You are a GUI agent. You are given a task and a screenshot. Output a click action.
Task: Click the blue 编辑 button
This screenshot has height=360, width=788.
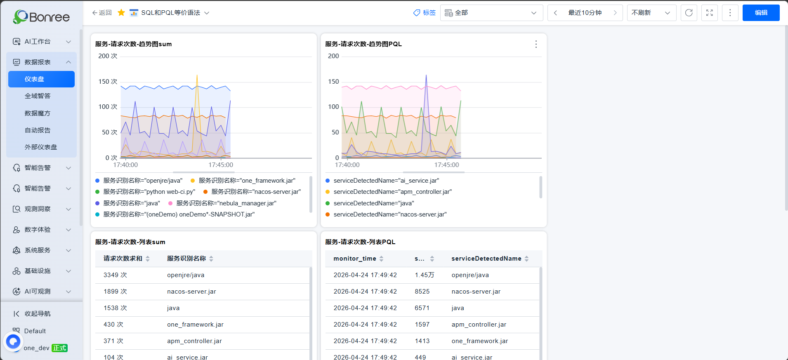pyautogui.click(x=761, y=13)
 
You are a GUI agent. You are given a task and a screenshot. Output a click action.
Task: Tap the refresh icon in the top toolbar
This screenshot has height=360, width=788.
pyautogui.click(x=689, y=13)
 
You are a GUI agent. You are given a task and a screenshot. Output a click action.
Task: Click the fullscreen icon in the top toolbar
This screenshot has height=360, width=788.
pyautogui.click(x=709, y=13)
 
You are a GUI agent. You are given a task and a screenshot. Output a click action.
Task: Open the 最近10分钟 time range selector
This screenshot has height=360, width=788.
pyautogui.click(x=585, y=13)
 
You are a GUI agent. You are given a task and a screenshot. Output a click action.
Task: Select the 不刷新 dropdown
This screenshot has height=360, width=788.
pyautogui.click(x=651, y=13)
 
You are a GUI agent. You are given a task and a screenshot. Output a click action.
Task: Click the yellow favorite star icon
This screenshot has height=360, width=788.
pyautogui.click(x=121, y=13)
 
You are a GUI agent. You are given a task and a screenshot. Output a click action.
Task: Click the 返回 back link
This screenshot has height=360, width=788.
pyautogui.click(x=102, y=13)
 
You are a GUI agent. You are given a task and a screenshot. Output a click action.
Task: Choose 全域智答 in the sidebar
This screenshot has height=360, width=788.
pyautogui.click(x=38, y=96)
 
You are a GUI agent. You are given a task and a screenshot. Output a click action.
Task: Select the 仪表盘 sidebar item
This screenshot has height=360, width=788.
pyautogui.click(x=41, y=79)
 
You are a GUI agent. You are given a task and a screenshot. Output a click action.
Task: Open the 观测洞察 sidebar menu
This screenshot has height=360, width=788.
pyautogui.click(x=41, y=209)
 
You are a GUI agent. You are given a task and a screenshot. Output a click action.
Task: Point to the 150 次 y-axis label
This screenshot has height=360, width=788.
pyautogui.click(x=108, y=82)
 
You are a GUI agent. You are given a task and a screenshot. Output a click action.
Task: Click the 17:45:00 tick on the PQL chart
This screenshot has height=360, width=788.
pyautogui.click(x=446, y=165)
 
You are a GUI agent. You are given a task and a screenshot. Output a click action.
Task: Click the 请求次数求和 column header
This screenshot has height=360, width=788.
pyautogui.click(x=123, y=259)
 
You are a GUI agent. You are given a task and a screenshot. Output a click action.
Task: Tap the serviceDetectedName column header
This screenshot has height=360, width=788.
pyautogui.click(x=486, y=259)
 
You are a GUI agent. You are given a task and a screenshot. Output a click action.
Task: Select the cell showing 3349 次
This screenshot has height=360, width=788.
pyautogui.click(x=115, y=275)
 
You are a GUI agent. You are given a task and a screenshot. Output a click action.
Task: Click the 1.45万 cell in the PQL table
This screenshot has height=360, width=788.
pyautogui.click(x=425, y=275)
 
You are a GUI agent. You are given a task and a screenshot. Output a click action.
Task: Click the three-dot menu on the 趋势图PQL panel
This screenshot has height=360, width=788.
pyautogui.click(x=536, y=44)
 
